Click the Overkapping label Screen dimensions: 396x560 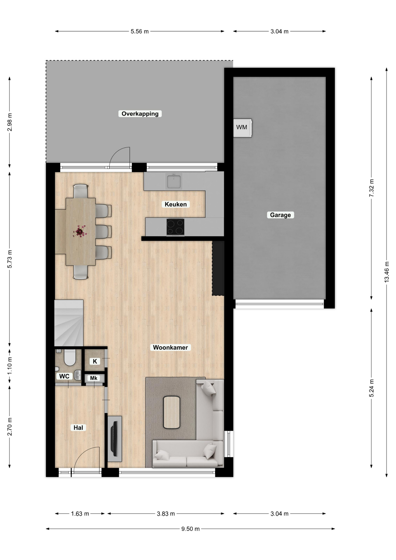tap(140, 114)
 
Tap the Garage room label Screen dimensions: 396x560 tap(280, 215)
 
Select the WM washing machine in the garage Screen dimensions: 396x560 tap(243, 128)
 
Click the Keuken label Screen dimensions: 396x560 tap(176, 204)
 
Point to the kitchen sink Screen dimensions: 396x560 tap(174, 181)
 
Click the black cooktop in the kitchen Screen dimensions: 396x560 tap(175, 227)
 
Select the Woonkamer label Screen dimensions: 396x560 tap(171, 347)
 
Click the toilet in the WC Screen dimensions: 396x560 tap(70, 357)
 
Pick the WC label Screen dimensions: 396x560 tap(64, 376)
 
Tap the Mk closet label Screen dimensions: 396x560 tap(94, 378)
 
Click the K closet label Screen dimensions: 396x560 tap(95, 361)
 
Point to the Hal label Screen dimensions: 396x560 tap(78, 428)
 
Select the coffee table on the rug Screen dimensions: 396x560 tap(171, 412)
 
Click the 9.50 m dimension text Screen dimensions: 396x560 tap(190, 529)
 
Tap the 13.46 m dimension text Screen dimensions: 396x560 tap(387, 272)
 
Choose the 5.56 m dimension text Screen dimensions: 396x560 tap(140, 32)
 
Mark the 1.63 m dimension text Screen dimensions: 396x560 tap(80, 514)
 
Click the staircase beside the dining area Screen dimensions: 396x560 tap(69, 323)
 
